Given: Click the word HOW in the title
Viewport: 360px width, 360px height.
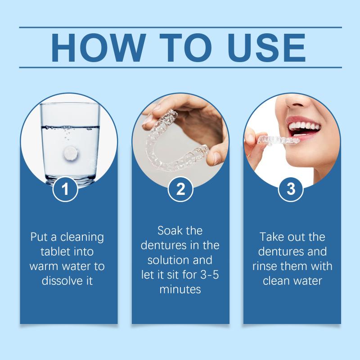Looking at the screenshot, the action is click(x=98, y=48).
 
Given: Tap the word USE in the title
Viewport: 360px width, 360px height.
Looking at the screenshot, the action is click(x=267, y=48).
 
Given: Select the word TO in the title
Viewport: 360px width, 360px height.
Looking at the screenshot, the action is click(x=186, y=48).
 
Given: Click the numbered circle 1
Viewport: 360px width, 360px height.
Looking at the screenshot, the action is click(x=65, y=189).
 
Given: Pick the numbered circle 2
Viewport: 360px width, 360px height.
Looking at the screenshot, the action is click(x=180, y=189).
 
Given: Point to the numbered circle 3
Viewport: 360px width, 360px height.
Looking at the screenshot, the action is click(x=291, y=189).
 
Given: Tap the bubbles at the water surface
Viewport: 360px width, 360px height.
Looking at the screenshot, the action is click(x=69, y=128).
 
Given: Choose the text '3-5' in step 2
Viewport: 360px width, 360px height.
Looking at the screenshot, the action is click(x=210, y=274).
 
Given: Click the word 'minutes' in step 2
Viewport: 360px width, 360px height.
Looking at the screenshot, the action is click(x=180, y=289).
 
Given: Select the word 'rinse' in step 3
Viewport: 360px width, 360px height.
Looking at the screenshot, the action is click(x=264, y=266).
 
